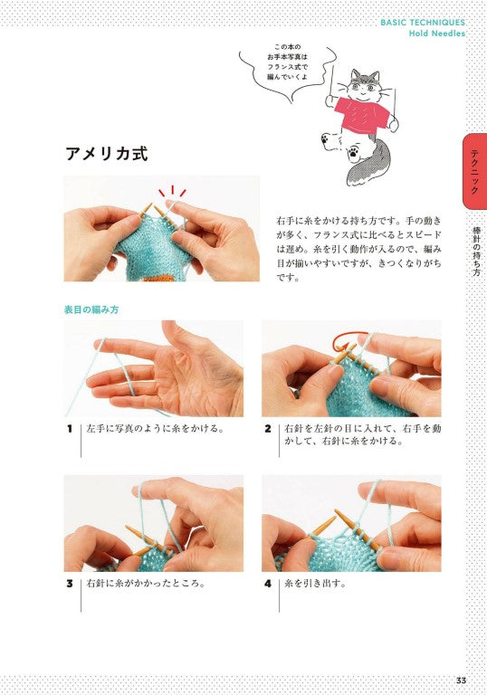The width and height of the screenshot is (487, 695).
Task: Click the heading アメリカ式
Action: [x=107, y=154]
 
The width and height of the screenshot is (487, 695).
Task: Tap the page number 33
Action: [x=461, y=681]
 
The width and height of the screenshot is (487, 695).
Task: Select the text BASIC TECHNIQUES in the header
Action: [x=423, y=23]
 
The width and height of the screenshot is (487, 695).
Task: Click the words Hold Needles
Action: [x=437, y=33]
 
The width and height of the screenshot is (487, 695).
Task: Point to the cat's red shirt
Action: [x=361, y=115]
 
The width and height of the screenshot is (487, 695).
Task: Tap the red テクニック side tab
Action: [x=474, y=172]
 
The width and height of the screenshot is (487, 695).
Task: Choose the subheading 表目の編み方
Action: [x=91, y=309]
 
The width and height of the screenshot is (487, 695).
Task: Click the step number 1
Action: [x=70, y=429]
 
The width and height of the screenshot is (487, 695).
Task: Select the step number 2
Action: [x=267, y=429]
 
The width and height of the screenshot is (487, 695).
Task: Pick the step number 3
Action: [x=70, y=584]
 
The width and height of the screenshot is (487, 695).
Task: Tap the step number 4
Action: [x=267, y=584]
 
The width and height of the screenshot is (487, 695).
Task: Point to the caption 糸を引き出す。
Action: [x=315, y=584]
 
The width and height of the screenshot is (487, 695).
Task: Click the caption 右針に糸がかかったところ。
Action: [x=147, y=584]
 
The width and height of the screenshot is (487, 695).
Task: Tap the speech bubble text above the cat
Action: [x=287, y=62]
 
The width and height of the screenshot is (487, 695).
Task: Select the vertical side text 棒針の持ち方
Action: [x=476, y=252]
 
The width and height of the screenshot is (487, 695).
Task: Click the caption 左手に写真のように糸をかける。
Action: [x=155, y=429]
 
